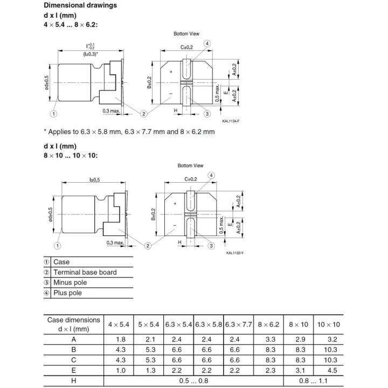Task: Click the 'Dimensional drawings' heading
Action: [x=80, y=5]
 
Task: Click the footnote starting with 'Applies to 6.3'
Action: [x=129, y=131]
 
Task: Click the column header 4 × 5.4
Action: [x=119, y=325]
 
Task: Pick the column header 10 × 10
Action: [x=329, y=325]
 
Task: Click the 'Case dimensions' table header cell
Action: [x=74, y=324]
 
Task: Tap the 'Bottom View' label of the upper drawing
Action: [x=186, y=34]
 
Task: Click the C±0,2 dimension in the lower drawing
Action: [x=191, y=179]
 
